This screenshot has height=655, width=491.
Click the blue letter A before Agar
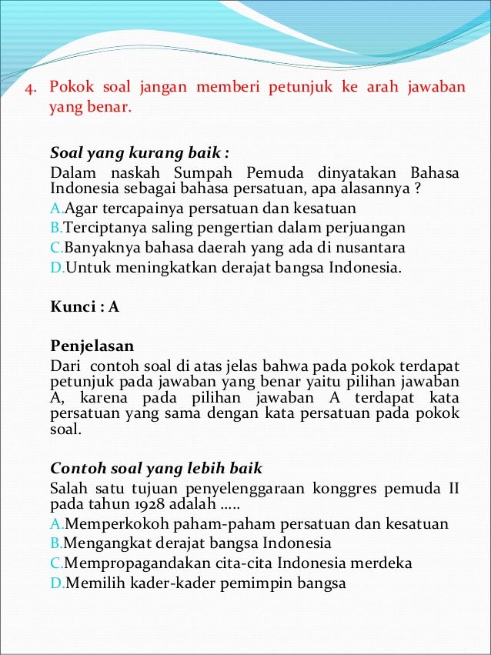click(54, 209)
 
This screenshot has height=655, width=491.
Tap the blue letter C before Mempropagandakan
click(55, 563)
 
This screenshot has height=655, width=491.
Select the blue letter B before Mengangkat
click(55, 544)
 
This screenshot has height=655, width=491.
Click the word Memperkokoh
click(111, 524)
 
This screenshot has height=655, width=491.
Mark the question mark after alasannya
click(416, 189)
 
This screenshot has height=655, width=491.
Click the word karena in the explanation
click(101, 397)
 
